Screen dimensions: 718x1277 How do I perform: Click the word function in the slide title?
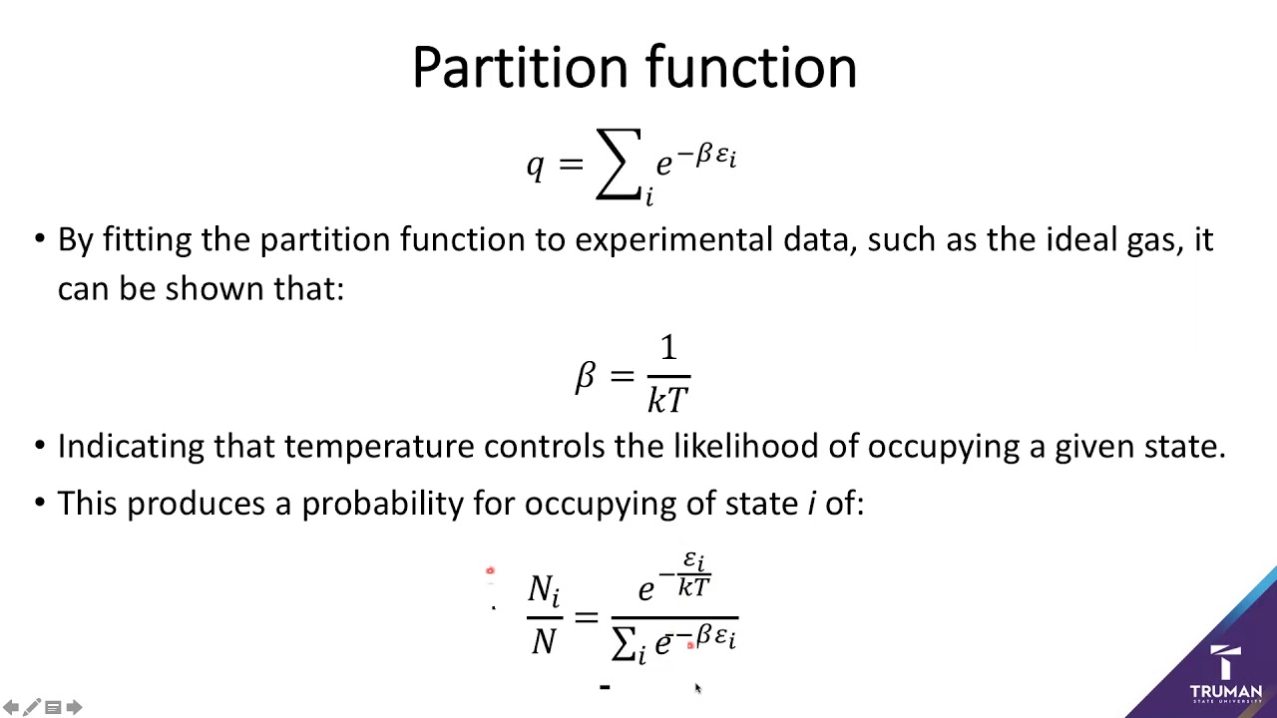(751, 68)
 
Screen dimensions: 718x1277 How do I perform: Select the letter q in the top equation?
(536, 165)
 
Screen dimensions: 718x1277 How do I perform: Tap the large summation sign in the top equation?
(619, 165)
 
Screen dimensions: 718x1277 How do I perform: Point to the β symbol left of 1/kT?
(586, 377)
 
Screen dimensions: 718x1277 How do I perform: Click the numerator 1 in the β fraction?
(667, 349)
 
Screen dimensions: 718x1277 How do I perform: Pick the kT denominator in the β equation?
(667, 400)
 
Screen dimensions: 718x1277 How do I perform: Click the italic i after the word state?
(812, 504)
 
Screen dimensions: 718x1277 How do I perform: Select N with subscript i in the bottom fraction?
(544, 590)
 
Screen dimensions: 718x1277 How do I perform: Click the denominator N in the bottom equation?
(544, 641)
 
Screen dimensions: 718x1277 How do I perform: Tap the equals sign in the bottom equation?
(586, 615)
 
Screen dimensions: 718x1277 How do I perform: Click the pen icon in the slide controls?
(32, 708)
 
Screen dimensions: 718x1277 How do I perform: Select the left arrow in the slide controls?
(11, 708)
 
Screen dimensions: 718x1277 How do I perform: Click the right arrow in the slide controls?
(74, 708)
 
